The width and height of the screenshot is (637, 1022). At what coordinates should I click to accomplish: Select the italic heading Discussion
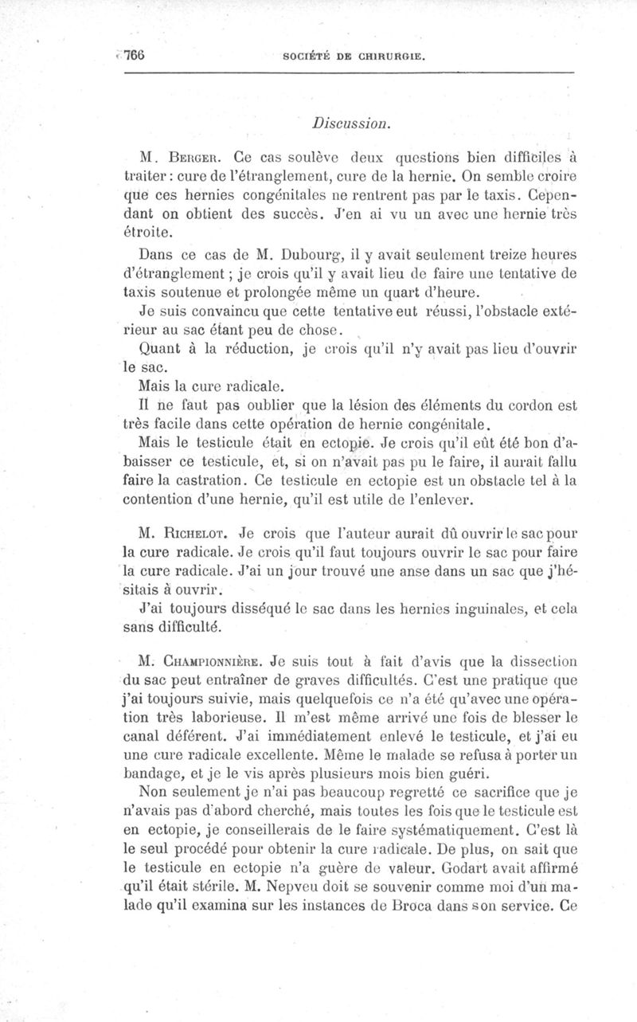coord(351,123)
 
